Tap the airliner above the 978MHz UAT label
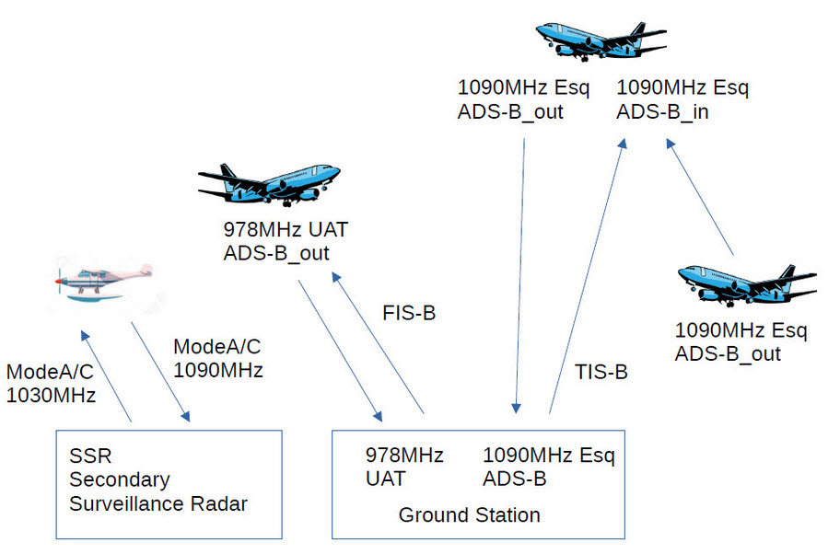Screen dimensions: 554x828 (x=269, y=183)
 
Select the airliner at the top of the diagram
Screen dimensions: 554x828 (x=601, y=40)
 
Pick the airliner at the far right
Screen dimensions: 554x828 (x=746, y=283)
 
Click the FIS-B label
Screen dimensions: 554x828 (x=409, y=313)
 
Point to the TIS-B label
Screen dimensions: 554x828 (x=601, y=372)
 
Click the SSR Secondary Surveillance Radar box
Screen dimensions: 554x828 (x=169, y=483)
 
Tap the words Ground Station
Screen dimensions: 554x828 (x=469, y=514)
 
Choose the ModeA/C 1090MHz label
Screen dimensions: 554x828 (x=217, y=359)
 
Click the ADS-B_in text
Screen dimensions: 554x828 (x=661, y=112)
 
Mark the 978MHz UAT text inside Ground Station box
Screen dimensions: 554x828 (x=404, y=467)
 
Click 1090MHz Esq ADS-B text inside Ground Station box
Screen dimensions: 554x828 (x=548, y=467)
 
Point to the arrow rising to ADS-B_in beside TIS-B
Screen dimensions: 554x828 (x=587, y=276)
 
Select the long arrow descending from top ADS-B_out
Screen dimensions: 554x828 (x=519, y=276)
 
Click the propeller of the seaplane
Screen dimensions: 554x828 (x=59, y=276)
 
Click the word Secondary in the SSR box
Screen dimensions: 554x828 (x=120, y=479)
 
